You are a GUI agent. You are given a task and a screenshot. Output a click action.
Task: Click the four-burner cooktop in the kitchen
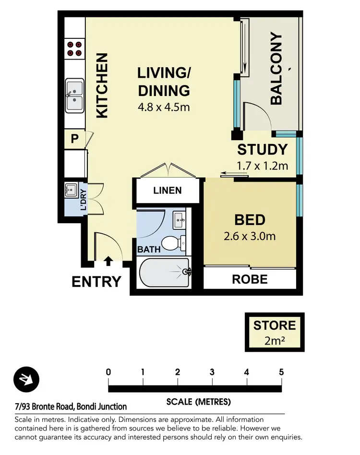[x=74, y=49]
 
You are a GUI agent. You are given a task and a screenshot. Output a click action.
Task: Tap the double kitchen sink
[x=74, y=96]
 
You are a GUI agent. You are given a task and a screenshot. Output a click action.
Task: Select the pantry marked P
[x=74, y=139]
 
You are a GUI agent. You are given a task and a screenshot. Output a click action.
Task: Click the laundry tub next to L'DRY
[x=71, y=191]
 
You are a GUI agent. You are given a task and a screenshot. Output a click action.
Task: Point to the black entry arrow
[x=108, y=261]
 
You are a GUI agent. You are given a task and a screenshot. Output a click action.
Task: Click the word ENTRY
[x=96, y=282]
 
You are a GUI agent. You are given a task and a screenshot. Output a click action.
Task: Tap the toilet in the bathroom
[x=173, y=243]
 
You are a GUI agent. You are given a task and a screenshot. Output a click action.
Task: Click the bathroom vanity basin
[x=179, y=220]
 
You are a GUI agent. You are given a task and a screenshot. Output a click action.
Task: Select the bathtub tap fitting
[x=187, y=272]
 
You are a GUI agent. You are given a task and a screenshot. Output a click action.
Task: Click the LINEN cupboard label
[x=168, y=191]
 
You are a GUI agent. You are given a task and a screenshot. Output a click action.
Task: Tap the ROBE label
[x=250, y=279]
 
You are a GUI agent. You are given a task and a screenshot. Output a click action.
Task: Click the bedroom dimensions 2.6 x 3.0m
[x=250, y=236]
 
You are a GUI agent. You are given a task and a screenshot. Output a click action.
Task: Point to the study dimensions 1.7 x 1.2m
[x=262, y=166]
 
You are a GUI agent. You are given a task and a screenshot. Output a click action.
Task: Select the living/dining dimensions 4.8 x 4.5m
[x=164, y=108]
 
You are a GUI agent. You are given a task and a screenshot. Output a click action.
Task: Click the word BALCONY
[x=276, y=68]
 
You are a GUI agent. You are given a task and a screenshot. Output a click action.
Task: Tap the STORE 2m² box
[x=275, y=332]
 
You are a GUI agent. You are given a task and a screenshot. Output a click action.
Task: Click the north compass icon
[x=26, y=380]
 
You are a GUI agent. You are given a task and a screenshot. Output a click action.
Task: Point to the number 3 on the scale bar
[x=212, y=372]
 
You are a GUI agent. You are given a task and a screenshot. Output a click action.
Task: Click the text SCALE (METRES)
[x=198, y=402]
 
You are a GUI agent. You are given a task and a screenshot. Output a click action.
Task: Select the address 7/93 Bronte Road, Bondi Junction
[x=71, y=407]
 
